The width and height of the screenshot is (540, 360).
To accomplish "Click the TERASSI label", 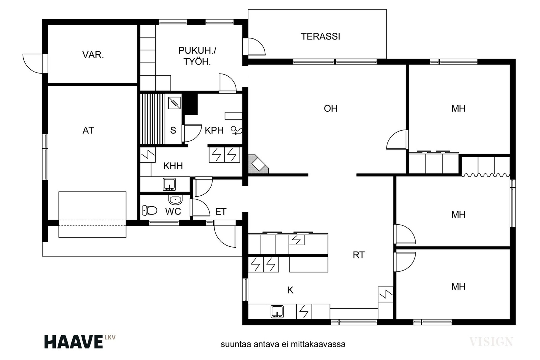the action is (x=320, y=36).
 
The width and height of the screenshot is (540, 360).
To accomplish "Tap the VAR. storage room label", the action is (x=93, y=55).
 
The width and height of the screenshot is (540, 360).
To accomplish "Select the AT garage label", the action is (x=88, y=130).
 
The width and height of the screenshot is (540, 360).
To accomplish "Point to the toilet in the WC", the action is (x=150, y=210).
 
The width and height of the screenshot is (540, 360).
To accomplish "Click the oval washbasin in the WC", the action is (x=175, y=200).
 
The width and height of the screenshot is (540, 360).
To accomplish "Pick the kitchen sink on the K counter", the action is (x=277, y=311).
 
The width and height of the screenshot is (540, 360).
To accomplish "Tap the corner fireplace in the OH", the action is (x=258, y=164).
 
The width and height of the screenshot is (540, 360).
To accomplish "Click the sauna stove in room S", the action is (x=174, y=103).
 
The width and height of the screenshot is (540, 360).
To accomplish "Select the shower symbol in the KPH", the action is (x=237, y=130).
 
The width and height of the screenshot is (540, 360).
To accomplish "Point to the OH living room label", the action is (x=330, y=108).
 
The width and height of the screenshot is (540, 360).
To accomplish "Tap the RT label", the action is (x=359, y=255).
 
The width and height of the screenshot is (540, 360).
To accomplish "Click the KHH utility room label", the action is (x=173, y=166).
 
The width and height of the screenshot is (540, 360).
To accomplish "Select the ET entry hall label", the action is (x=221, y=212).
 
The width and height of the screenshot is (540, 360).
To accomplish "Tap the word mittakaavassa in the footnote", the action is (x=318, y=344).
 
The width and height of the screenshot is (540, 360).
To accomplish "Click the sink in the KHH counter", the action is (x=169, y=184).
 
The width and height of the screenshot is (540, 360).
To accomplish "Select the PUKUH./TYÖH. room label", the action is (x=197, y=56).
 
